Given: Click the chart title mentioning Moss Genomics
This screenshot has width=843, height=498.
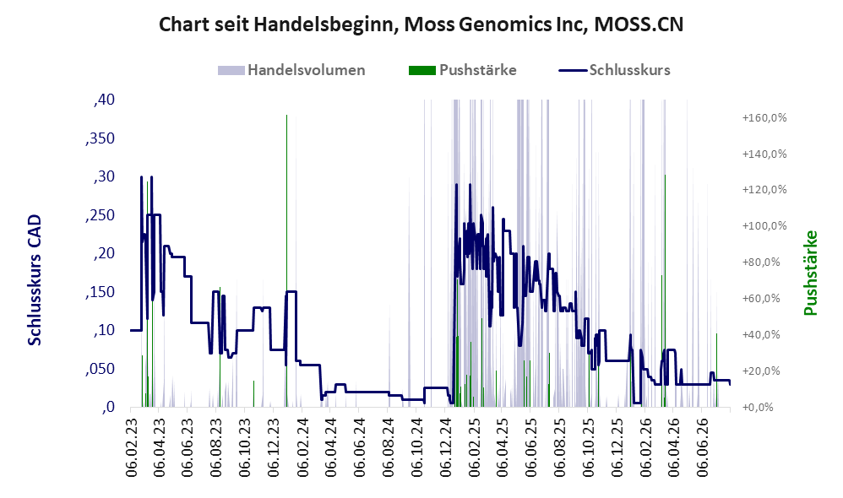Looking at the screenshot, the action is (x=421, y=24).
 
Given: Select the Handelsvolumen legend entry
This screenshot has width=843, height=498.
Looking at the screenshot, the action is (x=291, y=70).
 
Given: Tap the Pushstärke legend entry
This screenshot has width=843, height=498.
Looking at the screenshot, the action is (x=462, y=70).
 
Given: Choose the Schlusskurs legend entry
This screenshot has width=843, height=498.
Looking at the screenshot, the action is (x=614, y=70).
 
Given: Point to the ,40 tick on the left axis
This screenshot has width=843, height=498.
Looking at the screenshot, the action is (x=104, y=100).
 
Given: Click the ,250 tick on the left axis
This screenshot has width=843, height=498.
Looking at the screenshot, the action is (x=100, y=215).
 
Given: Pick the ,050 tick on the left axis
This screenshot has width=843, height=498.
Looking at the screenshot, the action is (x=100, y=369).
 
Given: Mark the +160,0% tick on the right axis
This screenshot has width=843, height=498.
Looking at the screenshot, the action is (x=764, y=117).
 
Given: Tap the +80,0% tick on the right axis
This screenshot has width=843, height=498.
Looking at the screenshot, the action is (x=764, y=263).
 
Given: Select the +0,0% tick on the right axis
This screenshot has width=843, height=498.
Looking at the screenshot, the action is (x=758, y=407).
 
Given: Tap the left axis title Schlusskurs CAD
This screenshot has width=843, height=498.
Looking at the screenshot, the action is (x=35, y=280).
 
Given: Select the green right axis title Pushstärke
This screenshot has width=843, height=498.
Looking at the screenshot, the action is (x=811, y=273).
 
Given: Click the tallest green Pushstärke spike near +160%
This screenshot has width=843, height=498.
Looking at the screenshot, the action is (x=286, y=261).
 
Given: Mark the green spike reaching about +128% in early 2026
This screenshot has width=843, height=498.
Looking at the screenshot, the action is (x=665, y=291).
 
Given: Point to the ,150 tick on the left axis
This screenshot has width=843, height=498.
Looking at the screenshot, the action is (x=100, y=292).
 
